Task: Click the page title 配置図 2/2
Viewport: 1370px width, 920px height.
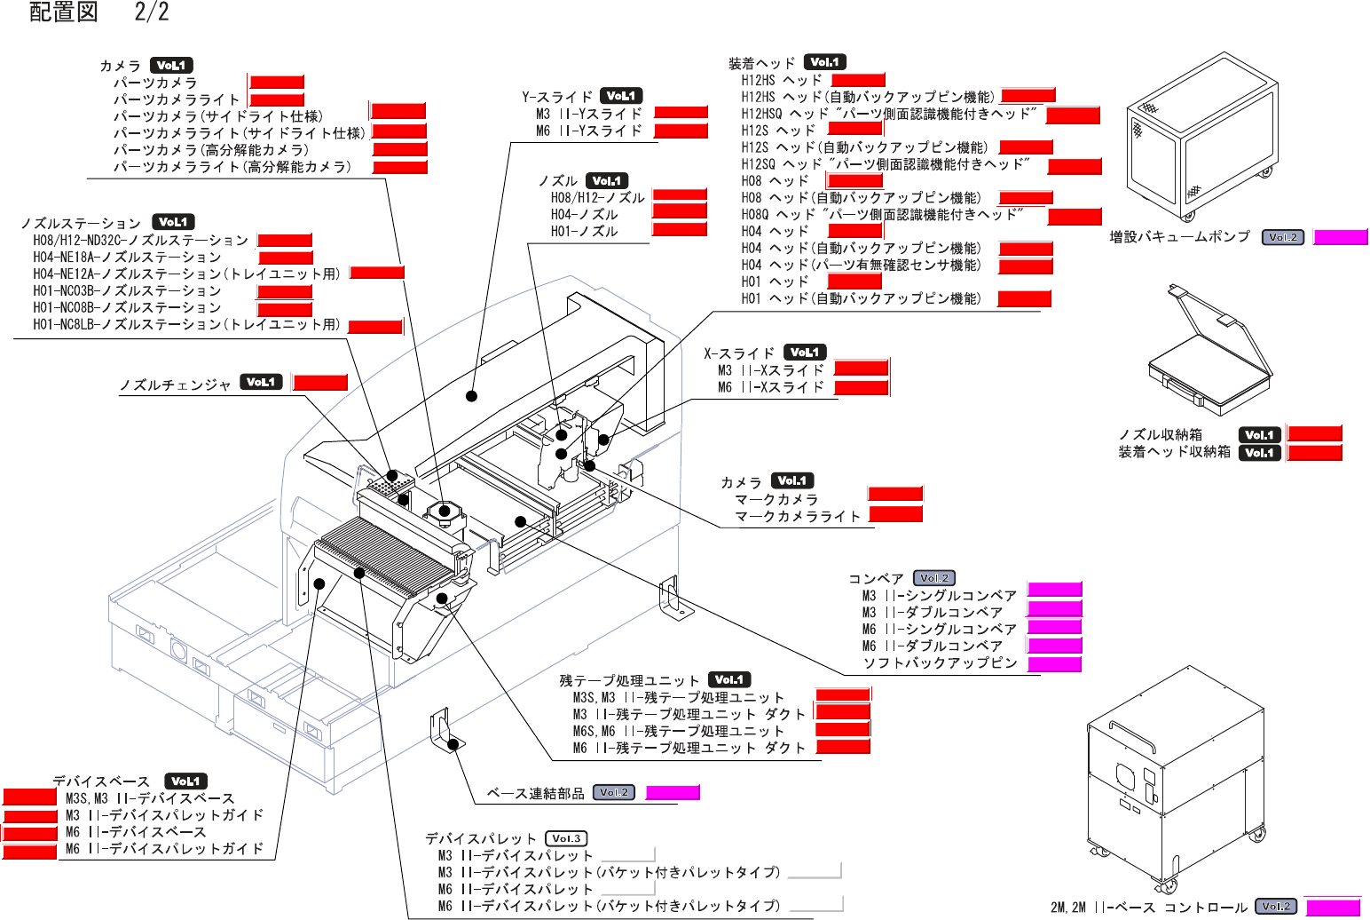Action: click(98, 12)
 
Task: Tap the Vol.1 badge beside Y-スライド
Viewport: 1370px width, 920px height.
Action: click(621, 96)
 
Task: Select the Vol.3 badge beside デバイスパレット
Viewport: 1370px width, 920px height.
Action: click(566, 838)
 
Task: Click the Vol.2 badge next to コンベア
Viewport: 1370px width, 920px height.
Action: click(933, 578)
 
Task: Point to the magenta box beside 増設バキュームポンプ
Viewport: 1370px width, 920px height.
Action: click(1340, 237)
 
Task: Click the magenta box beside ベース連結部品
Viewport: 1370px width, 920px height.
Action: click(673, 792)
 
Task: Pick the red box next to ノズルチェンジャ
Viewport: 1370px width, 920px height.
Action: click(320, 383)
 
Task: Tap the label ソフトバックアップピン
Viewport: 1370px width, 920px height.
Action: click(940, 662)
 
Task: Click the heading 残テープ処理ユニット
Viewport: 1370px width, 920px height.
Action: click(629, 680)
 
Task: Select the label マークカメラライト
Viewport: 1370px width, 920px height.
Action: click(798, 516)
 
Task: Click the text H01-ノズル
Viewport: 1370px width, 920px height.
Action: click(584, 231)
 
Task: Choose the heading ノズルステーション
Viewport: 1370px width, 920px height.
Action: click(81, 223)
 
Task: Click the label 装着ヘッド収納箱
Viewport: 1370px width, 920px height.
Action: click(1174, 452)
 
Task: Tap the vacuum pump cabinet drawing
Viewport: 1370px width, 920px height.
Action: click(1201, 138)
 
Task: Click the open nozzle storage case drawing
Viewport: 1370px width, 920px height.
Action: click(1209, 355)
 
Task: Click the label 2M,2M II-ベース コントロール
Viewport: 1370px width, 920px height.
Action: click(1148, 907)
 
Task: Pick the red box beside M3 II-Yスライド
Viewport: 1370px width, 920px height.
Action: click(681, 113)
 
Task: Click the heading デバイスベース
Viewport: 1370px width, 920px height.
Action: click(101, 781)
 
